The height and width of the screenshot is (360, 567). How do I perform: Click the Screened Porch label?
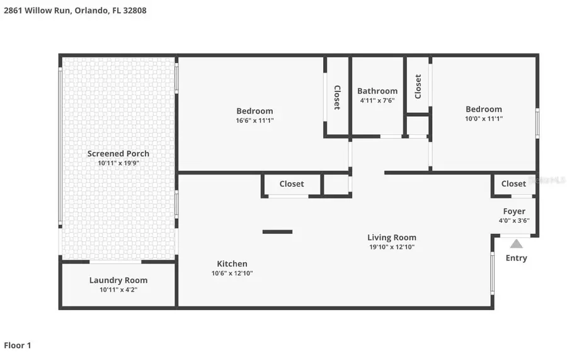coord(118,153)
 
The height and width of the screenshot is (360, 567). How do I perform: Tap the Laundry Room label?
coord(118,280)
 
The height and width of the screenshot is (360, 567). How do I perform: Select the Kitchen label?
coord(232,264)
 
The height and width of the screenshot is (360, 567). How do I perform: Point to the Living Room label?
coord(392,238)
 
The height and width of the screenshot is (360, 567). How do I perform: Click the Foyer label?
coord(513,211)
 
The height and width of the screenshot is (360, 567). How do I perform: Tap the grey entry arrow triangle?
coord(516,243)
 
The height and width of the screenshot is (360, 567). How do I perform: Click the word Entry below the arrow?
coord(516,258)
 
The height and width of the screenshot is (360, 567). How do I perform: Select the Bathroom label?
coord(377,91)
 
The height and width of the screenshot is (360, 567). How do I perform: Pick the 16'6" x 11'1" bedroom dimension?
coord(255,120)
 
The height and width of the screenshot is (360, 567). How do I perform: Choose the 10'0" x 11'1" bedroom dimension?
coord(484,119)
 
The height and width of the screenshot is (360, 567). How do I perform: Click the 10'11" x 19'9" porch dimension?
coord(118,163)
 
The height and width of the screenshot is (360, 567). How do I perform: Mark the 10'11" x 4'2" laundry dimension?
coord(118,290)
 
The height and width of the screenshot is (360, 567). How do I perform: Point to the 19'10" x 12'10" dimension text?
coord(392,247)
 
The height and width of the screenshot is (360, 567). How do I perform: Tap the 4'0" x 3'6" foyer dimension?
coord(513,221)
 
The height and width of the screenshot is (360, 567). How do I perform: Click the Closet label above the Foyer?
coord(513,183)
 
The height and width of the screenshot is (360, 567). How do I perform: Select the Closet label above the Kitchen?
coord(291,184)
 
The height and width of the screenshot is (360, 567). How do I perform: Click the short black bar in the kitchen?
coord(277,231)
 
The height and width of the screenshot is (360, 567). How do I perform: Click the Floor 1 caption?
coord(18,345)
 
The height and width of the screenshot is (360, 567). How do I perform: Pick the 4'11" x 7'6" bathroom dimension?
coord(377,100)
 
